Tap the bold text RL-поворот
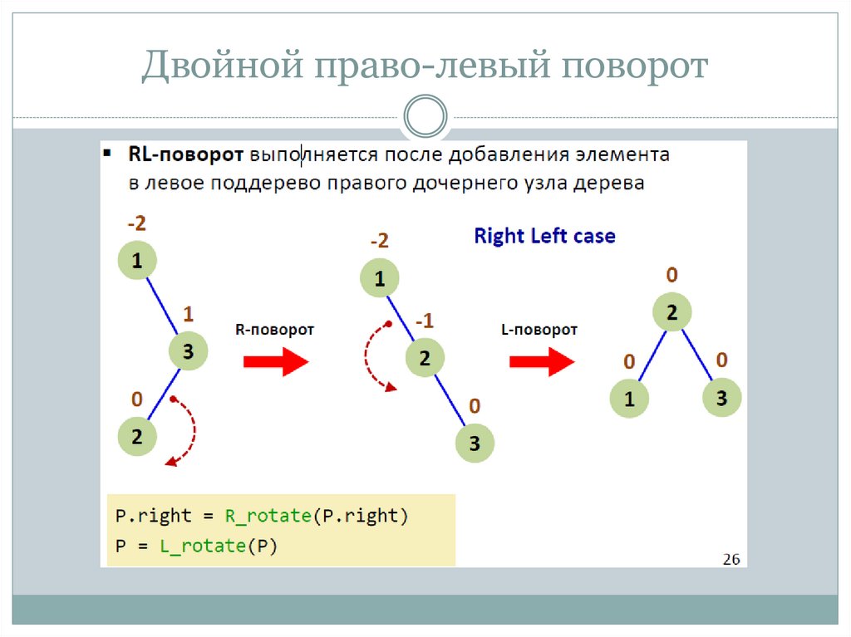click(x=185, y=154)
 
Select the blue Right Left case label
click(x=544, y=236)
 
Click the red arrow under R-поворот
click(x=275, y=362)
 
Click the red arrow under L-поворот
click(x=541, y=362)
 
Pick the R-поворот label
click(x=274, y=330)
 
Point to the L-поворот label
click(x=539, y=330)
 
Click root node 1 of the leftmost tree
click(x=137, y=262)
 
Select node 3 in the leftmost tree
click(x=189, y=351)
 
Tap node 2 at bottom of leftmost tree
click(x=137, y=437)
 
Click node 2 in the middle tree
click(x=425, y=359)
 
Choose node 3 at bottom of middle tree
click(x=475, y=443)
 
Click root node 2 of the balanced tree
click(x=672, y=312)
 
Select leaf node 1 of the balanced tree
click(x=629, y=399)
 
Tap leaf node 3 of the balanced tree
click(x=721, y=398)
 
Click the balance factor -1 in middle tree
click(x=424, y=321)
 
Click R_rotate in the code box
click(x=268, y=516)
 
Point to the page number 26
click(x=730, y=559)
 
